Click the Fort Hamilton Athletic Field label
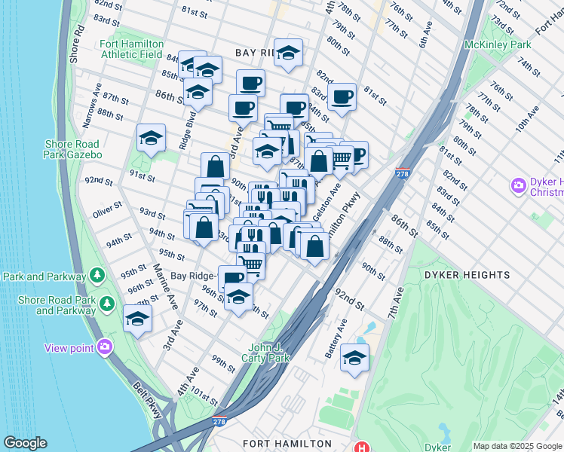(x=131, y=49)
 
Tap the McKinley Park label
(x=498, y=45)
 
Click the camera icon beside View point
(x=105, y=347)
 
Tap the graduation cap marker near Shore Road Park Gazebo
(x=151, y=139)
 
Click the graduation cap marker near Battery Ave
(x=354, y=359)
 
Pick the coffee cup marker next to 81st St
(x=342, y=97)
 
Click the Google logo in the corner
(x=25, y=443)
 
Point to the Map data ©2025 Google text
(x=516, y=446)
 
